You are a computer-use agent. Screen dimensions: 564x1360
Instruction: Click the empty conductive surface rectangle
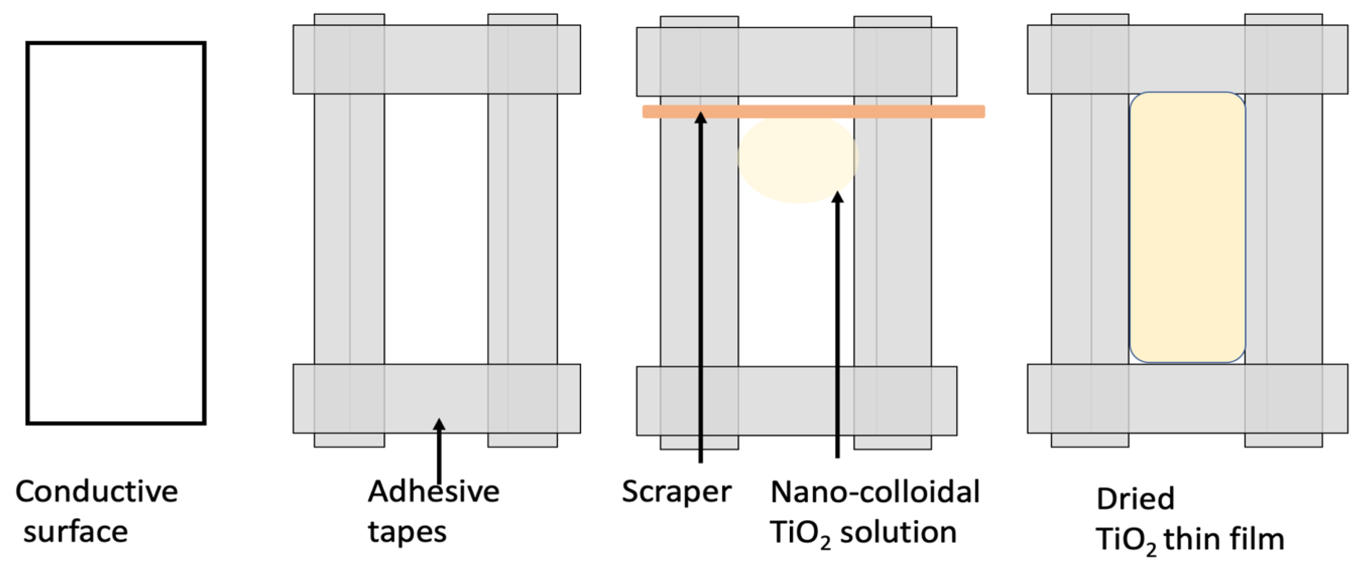pos(115,233)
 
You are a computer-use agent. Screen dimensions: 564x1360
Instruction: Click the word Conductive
pos(97,492)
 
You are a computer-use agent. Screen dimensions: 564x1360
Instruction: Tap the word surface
pos(75,531)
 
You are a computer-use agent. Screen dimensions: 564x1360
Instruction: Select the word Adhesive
pos(433,492)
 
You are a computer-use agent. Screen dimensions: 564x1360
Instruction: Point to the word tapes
pos(407,531)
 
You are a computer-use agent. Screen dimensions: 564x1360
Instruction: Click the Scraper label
pos(676,492)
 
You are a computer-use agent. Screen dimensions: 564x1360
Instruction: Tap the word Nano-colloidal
pos(875,492)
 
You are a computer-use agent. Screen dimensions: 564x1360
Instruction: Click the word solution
pos(898,531)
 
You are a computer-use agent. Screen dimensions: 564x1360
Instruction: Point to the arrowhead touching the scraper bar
pos(700,117)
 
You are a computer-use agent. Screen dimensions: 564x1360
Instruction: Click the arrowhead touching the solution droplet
pos(837,197)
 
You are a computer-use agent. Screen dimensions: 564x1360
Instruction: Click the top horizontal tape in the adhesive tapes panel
pos(436,59)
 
